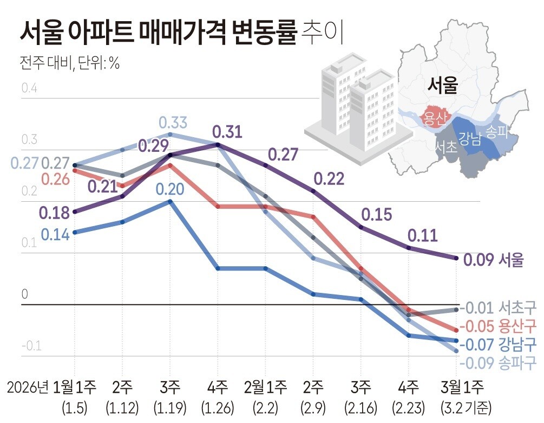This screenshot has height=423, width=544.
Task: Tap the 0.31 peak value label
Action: point(227,132)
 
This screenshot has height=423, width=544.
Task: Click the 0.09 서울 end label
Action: point(494,260)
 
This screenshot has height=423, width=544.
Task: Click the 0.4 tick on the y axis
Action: point(29,88)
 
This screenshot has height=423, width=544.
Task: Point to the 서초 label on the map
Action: point(446,147)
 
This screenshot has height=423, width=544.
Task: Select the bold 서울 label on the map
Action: point(442,85)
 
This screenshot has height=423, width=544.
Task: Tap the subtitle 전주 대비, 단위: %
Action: point(69,63)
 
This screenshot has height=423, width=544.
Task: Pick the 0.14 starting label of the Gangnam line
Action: point(55,235)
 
